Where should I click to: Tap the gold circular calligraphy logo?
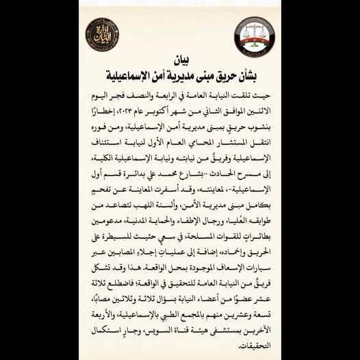(102, 34)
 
